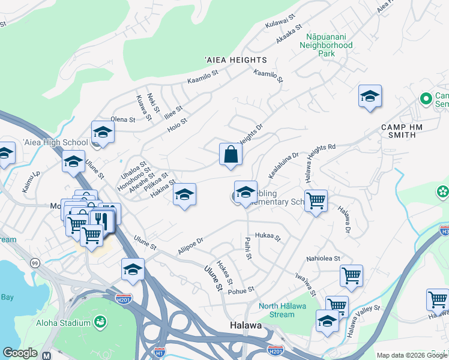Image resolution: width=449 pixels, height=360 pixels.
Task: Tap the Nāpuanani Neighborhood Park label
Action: (x=326, y=45)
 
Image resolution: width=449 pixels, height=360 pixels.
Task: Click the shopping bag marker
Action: (x=231, y=155)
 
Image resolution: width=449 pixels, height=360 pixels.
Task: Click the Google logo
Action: (x=20, y=353)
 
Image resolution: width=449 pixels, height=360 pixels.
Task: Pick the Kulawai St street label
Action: (x=281, y=22)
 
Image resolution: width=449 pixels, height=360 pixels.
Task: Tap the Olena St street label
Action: (x=123, y=119)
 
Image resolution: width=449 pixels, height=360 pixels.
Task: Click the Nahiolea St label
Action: (x=323, y=259)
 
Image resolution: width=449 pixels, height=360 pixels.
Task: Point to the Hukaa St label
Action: (x=268, y=237)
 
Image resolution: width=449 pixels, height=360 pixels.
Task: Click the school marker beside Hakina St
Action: (x=184, y=194)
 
